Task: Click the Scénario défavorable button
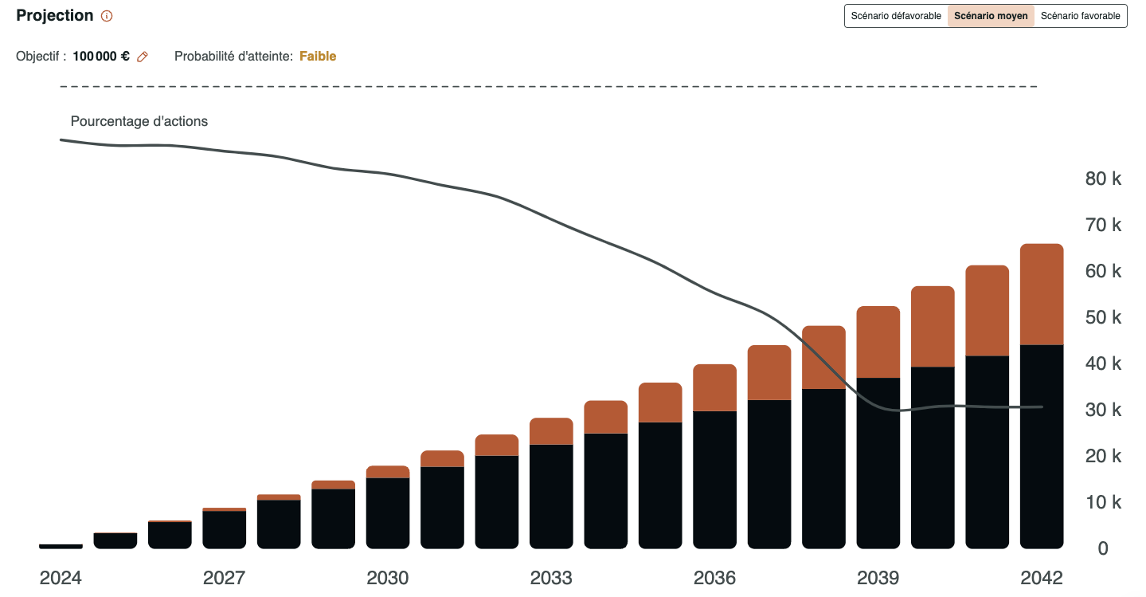click(x=896, y=16)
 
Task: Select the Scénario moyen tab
click(x=991, y=16)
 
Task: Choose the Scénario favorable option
click(x=1080, y=16)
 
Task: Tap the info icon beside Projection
click(x=107, y=16)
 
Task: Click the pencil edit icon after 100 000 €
click(x=143, y=57)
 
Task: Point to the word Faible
click(x=318, y=57)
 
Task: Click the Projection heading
click(x=54, y=16)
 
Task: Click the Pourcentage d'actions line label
click(x=139, y=122)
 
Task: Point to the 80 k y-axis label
click(x=1103, y=179)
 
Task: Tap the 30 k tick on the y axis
click(x=1103, y=410)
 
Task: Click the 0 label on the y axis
click(x=1103, y=548)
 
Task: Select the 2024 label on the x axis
click(x=61, y=578)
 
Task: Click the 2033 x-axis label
click(x=551, y=578)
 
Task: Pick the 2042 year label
click(x=1042, y=578)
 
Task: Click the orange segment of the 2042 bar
click(x=1042, y=294)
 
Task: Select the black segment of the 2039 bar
click(x=878, y=462)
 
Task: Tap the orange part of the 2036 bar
click(x=714, y=387)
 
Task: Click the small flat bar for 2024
click(x=61, y=546)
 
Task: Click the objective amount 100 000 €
click(x=101, y=57)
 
